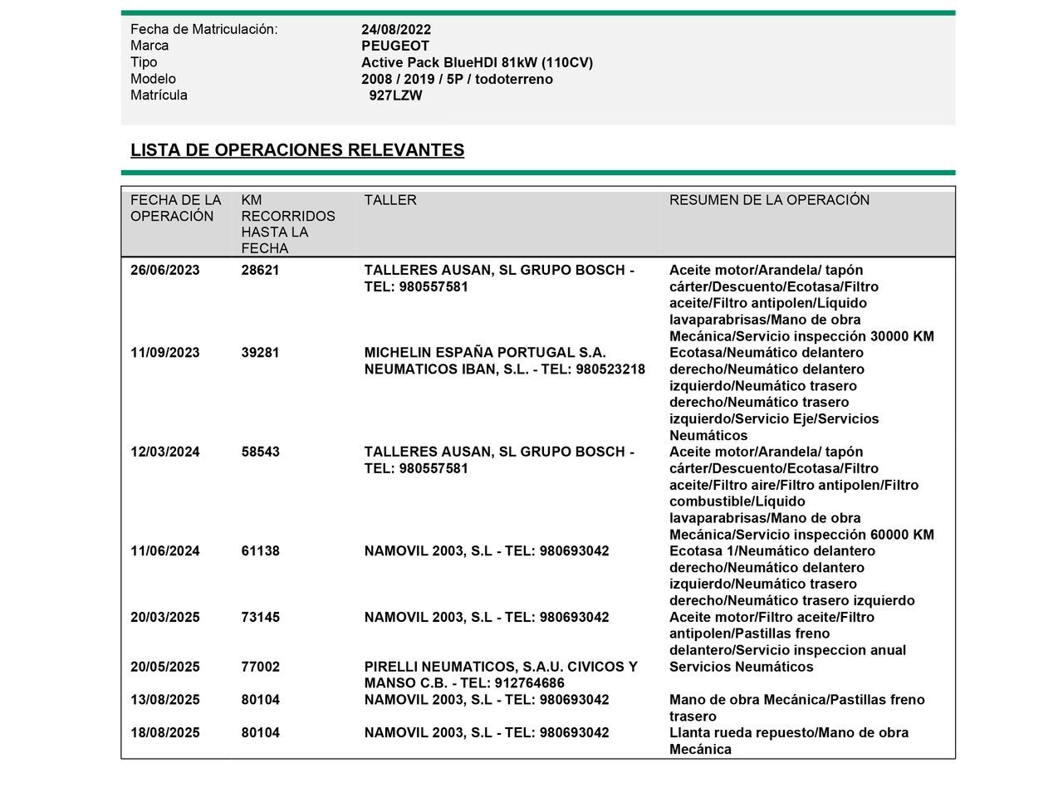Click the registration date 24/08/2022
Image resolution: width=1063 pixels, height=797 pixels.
[396, 30]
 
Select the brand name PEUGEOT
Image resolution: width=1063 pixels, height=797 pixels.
[395, 46]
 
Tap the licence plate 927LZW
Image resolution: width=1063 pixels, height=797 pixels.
[396, 95]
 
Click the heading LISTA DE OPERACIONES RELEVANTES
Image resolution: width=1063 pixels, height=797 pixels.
[297, 150]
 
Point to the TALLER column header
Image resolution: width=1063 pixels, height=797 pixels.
[390, 200]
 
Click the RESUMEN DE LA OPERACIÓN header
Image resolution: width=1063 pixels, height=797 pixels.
[769, 200]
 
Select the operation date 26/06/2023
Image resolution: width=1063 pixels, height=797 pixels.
[164, 271]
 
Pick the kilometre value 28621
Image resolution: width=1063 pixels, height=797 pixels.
[260, 271]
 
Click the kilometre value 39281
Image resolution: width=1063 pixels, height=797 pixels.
[260, 353]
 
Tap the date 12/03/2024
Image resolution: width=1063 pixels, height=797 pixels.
[164, 452]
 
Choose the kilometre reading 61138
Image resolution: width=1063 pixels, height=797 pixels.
[260, 551]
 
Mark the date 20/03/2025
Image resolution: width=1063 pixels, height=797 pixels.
[164, 618]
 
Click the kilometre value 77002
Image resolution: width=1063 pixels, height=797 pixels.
[260, 667]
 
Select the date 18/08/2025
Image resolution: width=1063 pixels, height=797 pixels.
[164, 733]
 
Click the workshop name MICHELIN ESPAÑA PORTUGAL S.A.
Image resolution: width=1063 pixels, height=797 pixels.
[485, 353]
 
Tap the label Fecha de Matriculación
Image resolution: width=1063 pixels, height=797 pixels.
[203, 30]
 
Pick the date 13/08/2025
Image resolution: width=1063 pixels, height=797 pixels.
[164, 700]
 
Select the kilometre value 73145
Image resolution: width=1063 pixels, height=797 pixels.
[260, 618]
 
